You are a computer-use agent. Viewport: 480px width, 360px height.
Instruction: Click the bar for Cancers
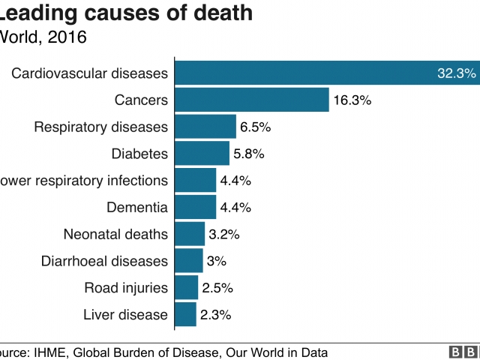coord(252,100)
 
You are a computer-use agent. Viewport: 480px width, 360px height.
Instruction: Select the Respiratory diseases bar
coord(205,127)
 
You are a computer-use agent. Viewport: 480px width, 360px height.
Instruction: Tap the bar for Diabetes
coord(202,154)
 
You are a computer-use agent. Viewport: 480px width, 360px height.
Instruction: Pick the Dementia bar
coord(195,207)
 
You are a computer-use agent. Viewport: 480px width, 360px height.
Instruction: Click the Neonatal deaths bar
coord(190,234)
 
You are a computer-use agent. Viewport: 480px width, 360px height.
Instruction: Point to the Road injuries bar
coord(186,287)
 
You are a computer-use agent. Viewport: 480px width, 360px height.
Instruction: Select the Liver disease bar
coord(185,314)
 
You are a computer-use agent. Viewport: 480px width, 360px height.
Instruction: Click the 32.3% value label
coord(456,73)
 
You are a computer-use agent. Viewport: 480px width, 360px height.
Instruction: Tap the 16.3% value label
coord(352,100)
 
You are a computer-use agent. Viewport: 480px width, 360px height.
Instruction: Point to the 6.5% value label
coord(255,127)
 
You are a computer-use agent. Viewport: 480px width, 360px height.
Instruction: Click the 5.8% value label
coord(248,154)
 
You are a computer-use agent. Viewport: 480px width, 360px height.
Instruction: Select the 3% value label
coord(217,261)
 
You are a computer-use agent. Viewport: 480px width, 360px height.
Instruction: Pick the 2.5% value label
coord(217,287)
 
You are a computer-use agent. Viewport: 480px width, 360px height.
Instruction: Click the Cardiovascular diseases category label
coord(89,73)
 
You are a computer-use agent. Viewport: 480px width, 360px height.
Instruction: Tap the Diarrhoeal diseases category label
coord(103,261)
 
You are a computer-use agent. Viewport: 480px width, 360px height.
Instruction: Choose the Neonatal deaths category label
coord(115,234)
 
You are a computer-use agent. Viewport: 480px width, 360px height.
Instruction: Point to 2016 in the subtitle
coord(67,36)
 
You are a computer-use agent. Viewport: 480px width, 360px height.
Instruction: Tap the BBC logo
coord(463,352)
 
